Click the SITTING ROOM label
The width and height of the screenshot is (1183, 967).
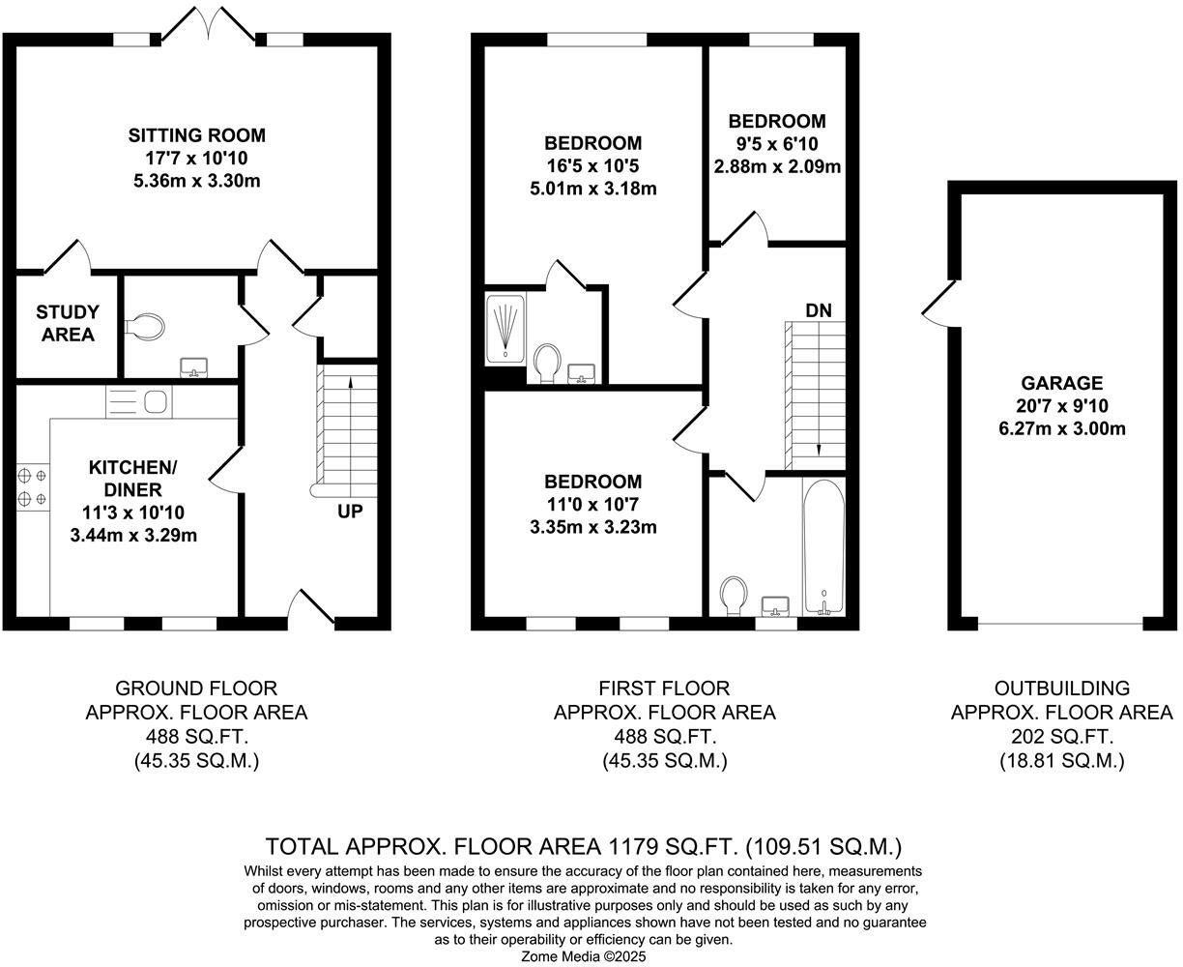[196, 135]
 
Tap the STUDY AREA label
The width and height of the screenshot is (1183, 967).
[68, 323]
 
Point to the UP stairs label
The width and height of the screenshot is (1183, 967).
[350, 512]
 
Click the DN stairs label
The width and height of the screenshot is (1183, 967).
[819, 310]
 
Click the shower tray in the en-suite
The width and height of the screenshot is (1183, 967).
[505, 329]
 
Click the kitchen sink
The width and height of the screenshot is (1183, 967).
[154, 400]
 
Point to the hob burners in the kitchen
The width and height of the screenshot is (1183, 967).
[31, 487]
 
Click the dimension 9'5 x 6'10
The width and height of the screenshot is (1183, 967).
[776, 144]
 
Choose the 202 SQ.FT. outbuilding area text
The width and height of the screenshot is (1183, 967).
[1061, 737]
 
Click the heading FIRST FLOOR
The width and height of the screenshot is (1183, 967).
[664, 689]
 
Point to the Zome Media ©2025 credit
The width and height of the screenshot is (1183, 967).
[584, 956]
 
